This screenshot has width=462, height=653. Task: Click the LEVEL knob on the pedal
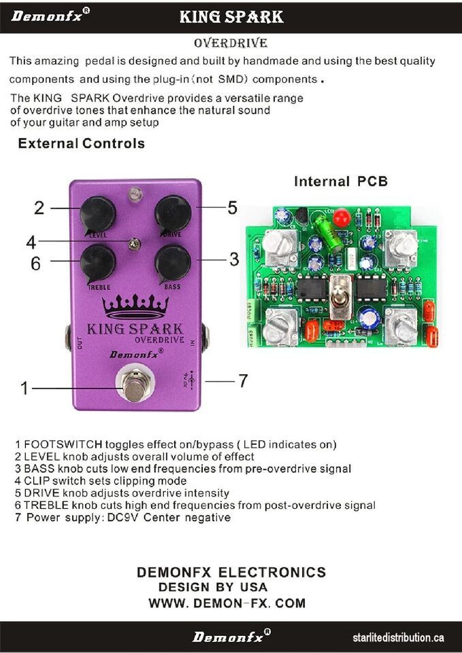click(97, 215)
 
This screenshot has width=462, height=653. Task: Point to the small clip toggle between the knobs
click(134, 244)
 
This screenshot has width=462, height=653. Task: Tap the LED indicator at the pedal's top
click(135, 194)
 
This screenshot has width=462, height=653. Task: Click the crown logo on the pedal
click(135, 307)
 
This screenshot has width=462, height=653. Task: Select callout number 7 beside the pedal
click(243, 381)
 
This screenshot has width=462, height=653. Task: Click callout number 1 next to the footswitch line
click(24, 388)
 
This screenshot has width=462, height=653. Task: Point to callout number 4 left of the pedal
click(31, 242)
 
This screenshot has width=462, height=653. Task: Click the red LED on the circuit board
click(342, 218)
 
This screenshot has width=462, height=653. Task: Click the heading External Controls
click(81, 144)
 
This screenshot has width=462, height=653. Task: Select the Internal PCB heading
click(341, 181)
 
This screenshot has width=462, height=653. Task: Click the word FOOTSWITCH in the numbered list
click(63, 445)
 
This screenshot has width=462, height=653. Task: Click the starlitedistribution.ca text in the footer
click(398, 637)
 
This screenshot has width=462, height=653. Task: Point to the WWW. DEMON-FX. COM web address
click(227, 603)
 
